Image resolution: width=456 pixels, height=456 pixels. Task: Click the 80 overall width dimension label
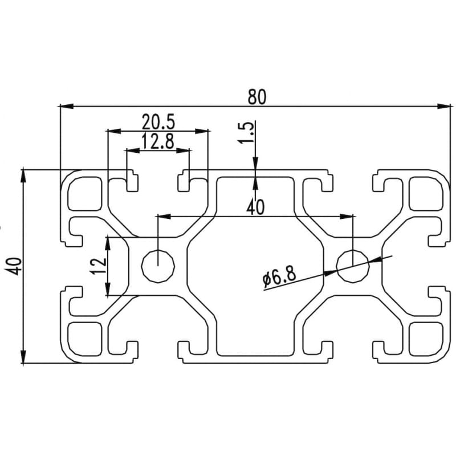pyautogui.click(x=256, y=96)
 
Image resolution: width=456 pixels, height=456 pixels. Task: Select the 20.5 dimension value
pyautogui.click(x=158, y=121)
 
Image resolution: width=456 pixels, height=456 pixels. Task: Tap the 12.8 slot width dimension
pyautogui.click(x=158, y=141)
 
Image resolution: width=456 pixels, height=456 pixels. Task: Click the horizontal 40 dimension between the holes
pyautogui.click(x=255, y=207)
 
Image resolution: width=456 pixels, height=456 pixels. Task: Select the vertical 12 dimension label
pyautogui.click(x=99, y=266)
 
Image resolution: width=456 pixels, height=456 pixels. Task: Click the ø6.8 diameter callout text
pyautogui.click(x=279, y=278)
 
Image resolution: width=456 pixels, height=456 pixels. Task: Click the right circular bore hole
pyautogui.click(x=353, y=266)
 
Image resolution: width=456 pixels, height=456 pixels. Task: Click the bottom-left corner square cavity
pyautogui.click(x=85, y=338)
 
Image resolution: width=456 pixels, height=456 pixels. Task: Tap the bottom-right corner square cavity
pyautogui.click(x=426, y=338)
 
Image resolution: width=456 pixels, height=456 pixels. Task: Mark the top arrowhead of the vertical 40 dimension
pyautogui.click(x=23, y=174)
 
